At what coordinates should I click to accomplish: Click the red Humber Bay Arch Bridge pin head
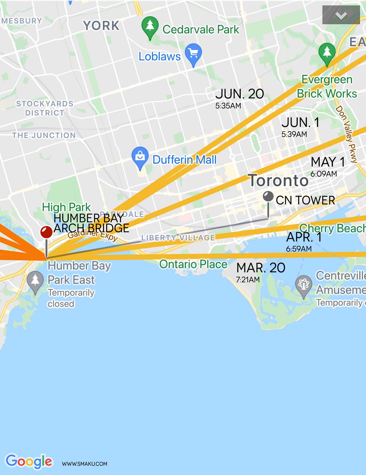pos(46,232)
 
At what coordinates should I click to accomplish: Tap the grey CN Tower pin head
pos(268,196)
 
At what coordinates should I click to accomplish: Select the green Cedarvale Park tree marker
pos(150,26)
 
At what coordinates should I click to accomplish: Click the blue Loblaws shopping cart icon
pos(193,53)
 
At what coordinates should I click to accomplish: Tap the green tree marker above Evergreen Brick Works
pos(327,52)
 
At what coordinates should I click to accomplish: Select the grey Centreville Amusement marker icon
pos(303,284)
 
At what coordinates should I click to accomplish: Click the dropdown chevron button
pos(341,15)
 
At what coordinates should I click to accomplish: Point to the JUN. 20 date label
pos(239,94)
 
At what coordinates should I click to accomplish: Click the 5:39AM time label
pos(294,134)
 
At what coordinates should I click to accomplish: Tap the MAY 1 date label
pos(328,162)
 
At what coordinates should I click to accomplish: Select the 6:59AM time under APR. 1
pos(299,249)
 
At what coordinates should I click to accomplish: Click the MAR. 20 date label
pos(261,268)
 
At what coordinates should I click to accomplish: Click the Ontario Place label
pos(193,264)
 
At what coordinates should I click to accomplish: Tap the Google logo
pos(29,461)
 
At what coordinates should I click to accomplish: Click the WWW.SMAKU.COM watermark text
pos(84,464)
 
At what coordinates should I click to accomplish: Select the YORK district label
pos(101,26)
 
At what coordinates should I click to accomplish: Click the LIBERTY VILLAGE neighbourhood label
pos(178,238)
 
